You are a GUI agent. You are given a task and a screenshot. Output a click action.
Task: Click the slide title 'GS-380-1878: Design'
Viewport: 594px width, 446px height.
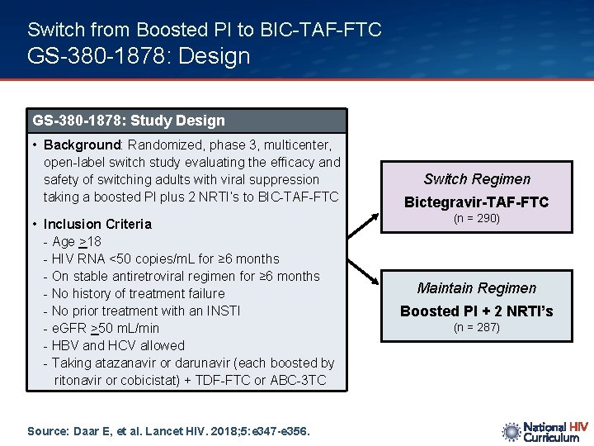(x=139, y=57)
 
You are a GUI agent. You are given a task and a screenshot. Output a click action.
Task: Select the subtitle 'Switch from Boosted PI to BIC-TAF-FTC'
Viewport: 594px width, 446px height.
(x=204, y=30)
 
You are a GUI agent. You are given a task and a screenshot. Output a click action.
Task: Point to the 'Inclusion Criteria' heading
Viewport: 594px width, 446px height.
(x=97, y=224)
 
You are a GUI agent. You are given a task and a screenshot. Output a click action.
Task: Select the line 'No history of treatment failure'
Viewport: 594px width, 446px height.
(x=138, y=293)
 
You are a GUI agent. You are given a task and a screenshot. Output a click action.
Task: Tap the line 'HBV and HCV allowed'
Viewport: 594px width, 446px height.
(x=118, y=345)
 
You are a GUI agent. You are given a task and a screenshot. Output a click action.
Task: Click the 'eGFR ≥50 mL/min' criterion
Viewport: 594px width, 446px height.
(x=106, y=328)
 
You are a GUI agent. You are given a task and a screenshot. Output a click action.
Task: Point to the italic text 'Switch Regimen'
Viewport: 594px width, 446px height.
(x=477, y=179)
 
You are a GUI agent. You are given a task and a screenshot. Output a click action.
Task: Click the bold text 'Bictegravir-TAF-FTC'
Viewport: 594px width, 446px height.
(x=477, y=202)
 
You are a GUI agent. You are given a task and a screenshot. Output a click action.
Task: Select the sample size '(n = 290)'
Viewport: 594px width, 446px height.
(x=477, y=219)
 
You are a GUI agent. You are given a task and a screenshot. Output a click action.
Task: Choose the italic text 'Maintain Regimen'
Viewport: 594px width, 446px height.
(x=477, y=288)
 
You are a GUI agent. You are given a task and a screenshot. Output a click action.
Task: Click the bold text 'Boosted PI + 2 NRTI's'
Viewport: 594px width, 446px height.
(x=477, y=311)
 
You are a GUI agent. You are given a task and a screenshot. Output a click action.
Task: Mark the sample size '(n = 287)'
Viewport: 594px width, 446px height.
(x=477, y=328)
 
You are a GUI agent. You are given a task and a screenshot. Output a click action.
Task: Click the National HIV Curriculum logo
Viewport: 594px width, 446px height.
(x=544, y=431)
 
